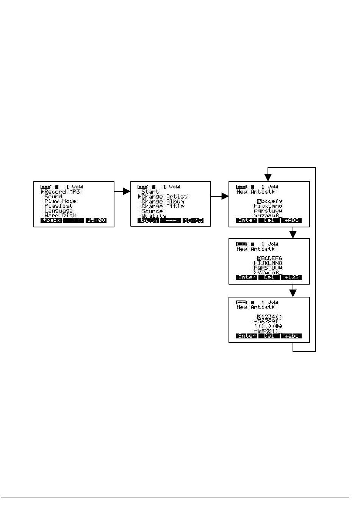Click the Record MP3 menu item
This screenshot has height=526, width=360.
click(x=62, y=192)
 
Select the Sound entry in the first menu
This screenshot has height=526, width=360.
click(x=53, y=197)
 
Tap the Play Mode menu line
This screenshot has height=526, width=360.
click(x=60, y=201)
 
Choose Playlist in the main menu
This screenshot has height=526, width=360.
click(x=58, y=206)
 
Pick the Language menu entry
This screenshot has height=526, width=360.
click(x=58, y=211)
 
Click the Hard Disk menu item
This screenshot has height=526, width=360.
click(x=60, y=215)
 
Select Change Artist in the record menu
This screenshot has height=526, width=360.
click(x=164, y=197)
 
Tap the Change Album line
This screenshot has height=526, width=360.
click(x=163, y=202)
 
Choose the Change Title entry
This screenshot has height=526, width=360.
click(x=163, y=206)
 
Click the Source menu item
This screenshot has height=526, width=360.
click(x=152, y=211)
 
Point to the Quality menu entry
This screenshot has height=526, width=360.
click(x=153, y=216)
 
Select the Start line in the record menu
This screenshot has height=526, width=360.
click(x=150, y=192)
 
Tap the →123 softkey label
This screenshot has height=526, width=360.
click(x=291, y=277)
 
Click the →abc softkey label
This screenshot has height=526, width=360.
click(x=291, y=336)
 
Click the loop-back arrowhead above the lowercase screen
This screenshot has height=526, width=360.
click(x=268, y=177)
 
